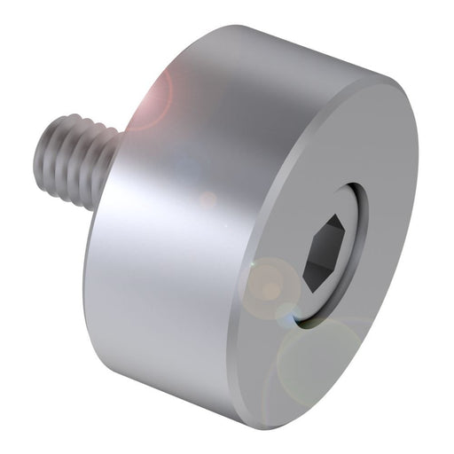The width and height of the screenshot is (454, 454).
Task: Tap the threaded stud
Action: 80,160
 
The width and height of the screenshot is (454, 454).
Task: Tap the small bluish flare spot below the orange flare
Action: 286,311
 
